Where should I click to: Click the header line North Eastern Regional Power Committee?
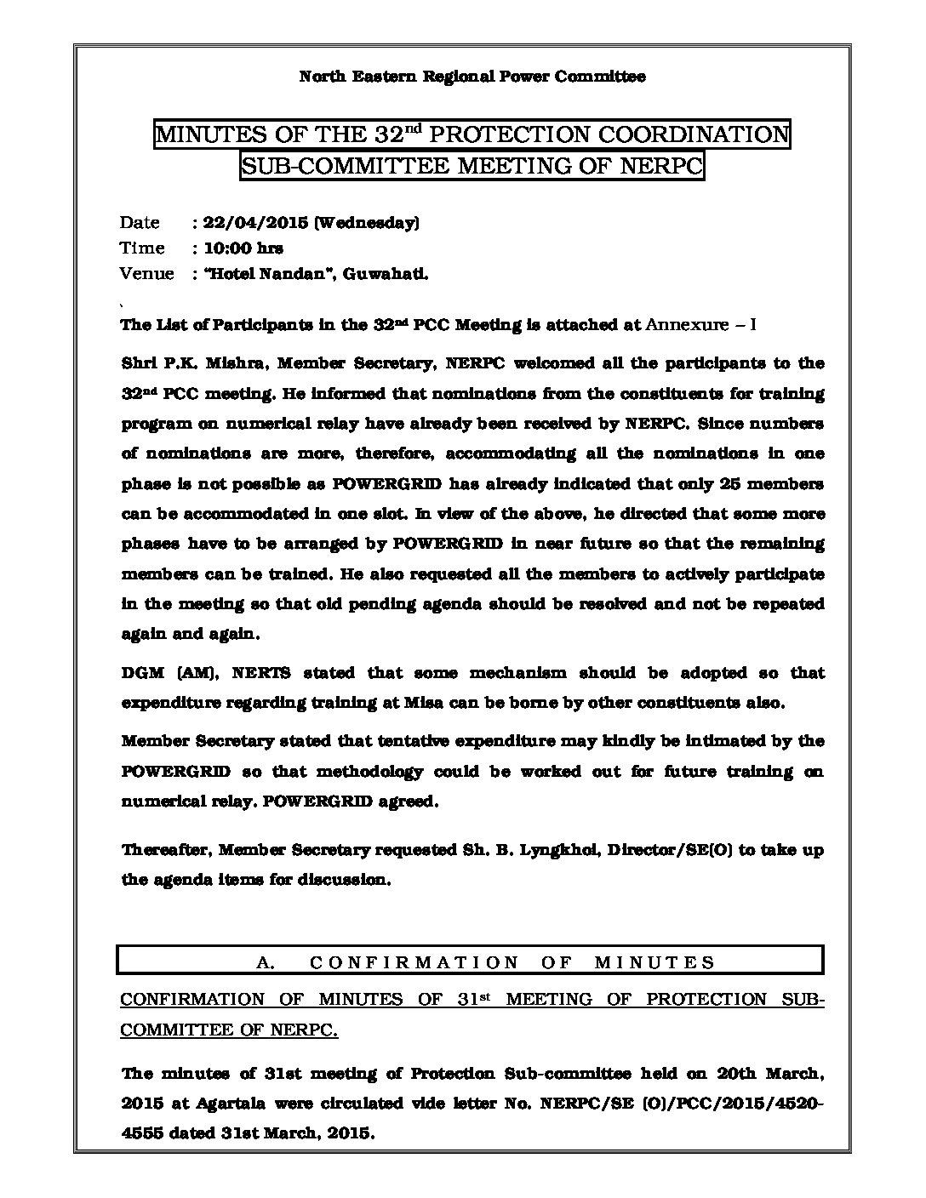[x=472, y=77]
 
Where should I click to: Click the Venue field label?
[x=146, y=274]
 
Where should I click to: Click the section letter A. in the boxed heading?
[x=263, y=962]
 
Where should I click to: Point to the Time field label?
[x=142, y=248]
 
